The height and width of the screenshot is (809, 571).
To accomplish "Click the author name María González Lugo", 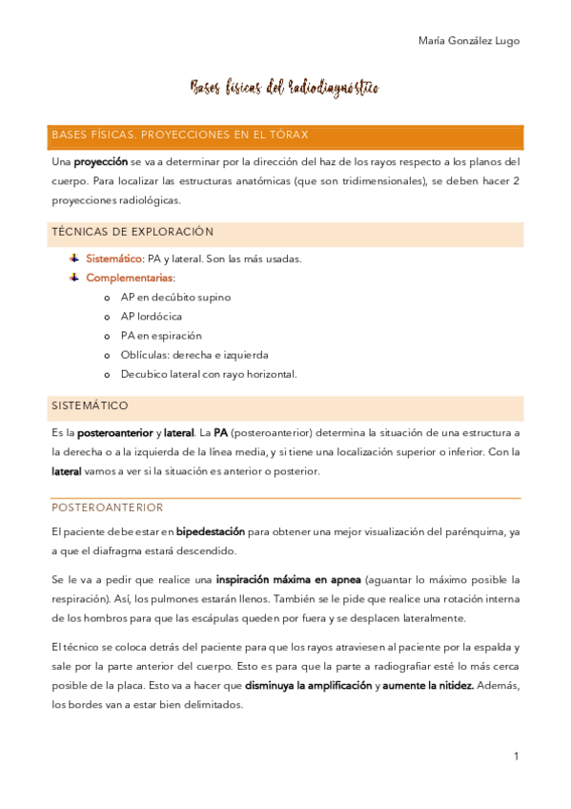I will click(x=469, y=40).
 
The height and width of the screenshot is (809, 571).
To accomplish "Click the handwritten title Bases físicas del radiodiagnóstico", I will click(x=285, y=89).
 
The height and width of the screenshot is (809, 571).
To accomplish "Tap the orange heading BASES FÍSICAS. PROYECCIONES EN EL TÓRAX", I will click(x=179, y=135).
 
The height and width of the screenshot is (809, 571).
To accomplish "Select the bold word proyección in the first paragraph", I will click(x=101, y=162).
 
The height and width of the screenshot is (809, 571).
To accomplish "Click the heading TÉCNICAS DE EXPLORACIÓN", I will click(x=133, y=232).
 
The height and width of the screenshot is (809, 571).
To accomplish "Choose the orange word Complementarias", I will click(x=130, y=278).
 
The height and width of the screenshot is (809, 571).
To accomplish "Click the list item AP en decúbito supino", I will click(x=175, y=297).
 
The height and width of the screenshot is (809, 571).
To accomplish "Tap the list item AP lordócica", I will click(x=151, y=316).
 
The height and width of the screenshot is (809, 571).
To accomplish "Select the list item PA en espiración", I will click(x=161, y=336).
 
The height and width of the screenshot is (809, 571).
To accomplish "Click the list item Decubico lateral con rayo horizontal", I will click(x=209, y=374).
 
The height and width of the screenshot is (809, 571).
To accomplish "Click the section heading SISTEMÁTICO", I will click(x=90, y=405).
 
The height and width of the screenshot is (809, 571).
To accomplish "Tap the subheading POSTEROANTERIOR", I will click(x=107, y=508).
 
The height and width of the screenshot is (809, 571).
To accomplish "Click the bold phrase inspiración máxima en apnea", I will click(x=288, y=579).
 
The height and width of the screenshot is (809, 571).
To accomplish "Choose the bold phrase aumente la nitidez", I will click(x=427, y=686).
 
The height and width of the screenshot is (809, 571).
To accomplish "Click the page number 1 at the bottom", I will click(x=516, y=757).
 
